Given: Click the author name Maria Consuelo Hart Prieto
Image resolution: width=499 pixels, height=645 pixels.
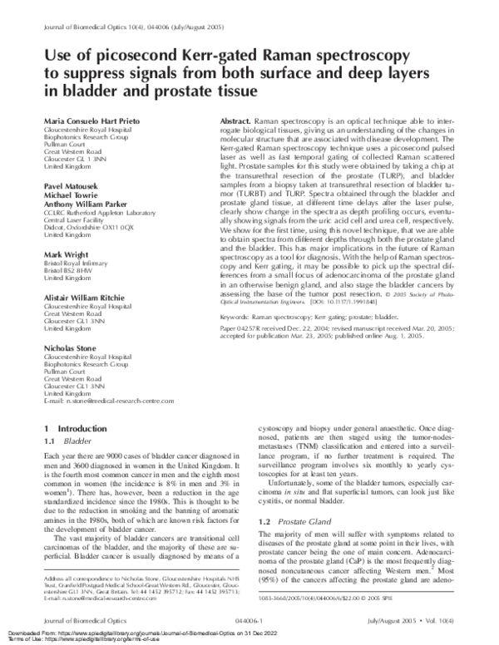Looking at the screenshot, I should pos(92,121).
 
